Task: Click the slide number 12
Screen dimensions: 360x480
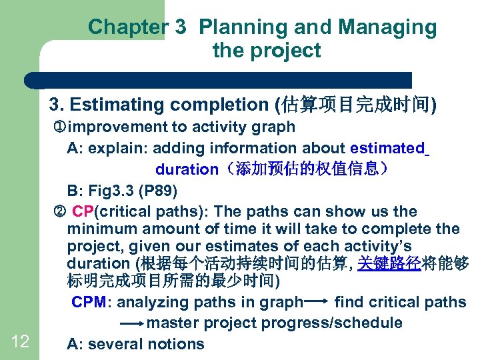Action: click(x=20, y=342)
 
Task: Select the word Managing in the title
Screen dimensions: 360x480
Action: click(x=387, y=27)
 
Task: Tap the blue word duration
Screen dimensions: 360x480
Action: click(x=186, y=169)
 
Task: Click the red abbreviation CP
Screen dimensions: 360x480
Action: click(x=83, y=212)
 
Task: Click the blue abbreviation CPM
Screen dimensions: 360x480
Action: click(x=89, y=302)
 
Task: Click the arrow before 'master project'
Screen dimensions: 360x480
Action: click(x=132, y=323)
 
